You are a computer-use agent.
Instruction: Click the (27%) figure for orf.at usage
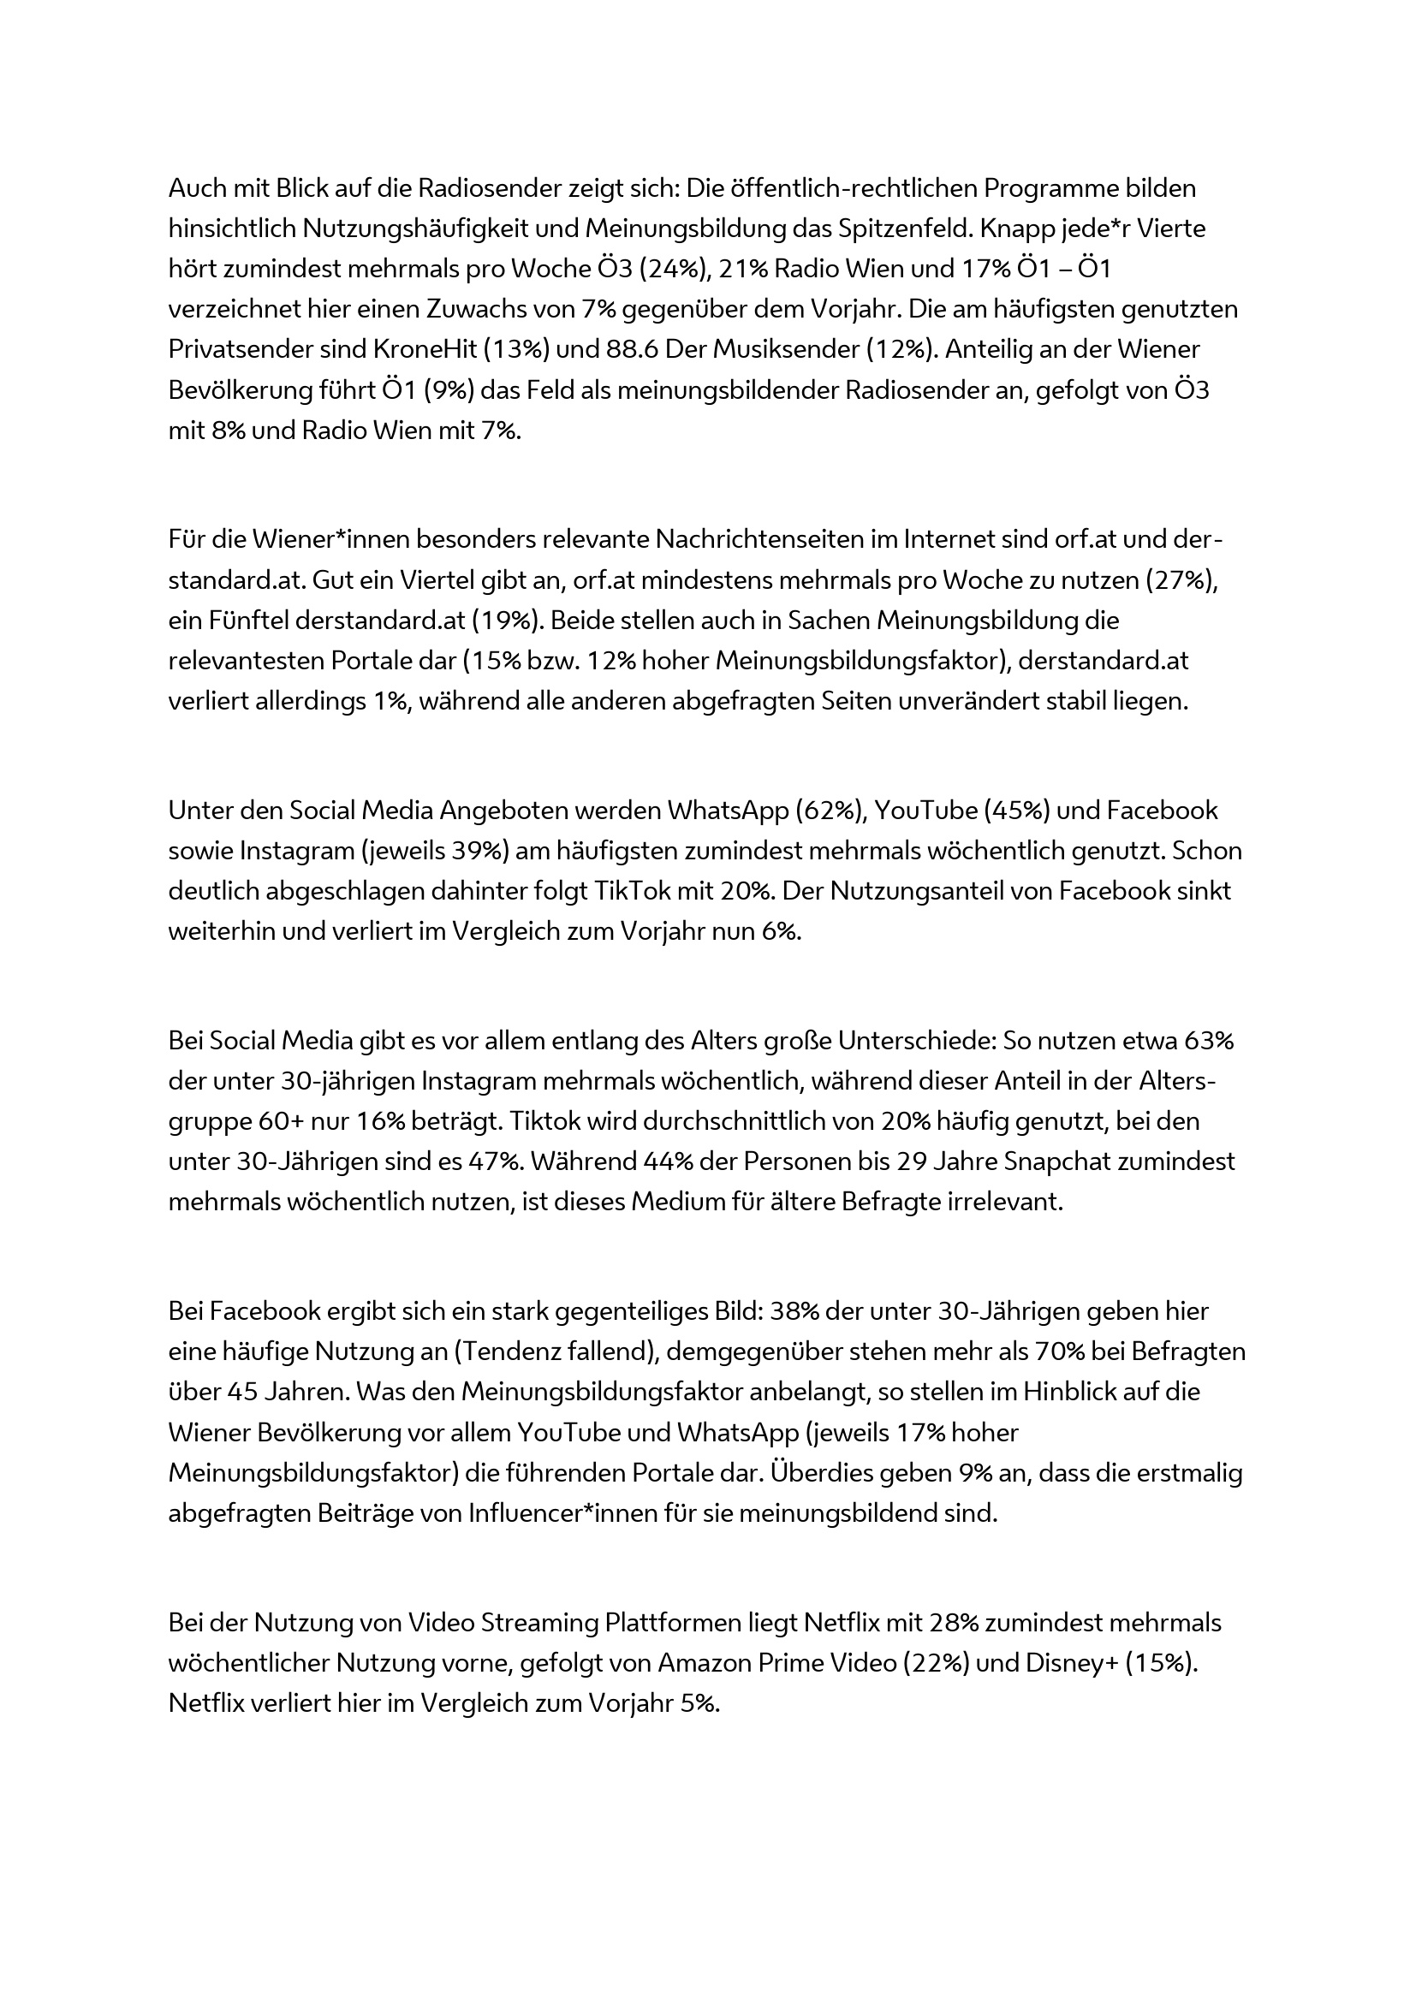tap(1181, 579)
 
